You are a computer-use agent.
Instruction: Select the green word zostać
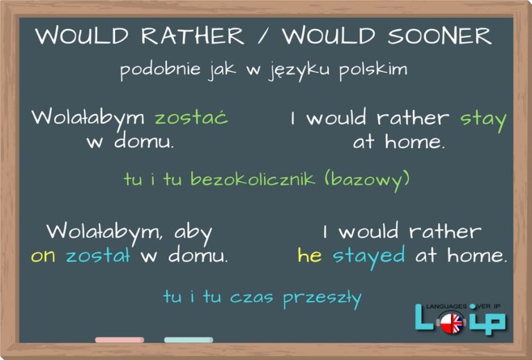click(191, 117)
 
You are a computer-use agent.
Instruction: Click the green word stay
click(484, 119)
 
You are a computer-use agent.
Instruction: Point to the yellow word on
click(43, 256)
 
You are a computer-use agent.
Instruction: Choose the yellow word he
click(309, 255)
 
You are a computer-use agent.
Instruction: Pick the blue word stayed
click(369, 256)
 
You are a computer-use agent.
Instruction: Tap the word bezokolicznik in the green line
click(244, 179)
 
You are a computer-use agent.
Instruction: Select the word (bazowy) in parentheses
click(366, 179)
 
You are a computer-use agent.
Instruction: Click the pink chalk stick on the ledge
click(119, 340)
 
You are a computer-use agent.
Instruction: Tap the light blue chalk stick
click(188, 340)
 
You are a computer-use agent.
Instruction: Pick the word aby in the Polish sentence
click(193, 231)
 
